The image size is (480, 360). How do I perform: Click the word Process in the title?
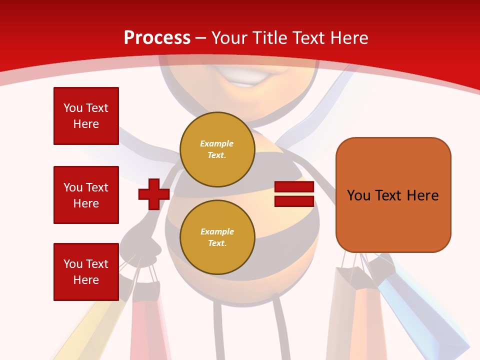point(157,38)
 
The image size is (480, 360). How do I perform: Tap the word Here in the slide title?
point(348,38)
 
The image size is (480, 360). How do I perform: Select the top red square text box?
point(86,116)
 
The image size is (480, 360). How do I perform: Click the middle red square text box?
point(86,195)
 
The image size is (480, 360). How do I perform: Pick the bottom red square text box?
point(86,272)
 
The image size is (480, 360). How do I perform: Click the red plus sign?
point(154,194)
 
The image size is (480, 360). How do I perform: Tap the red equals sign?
point(294,194)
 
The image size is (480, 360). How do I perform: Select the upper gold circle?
point(217,149)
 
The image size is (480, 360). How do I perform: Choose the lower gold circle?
point(217,237)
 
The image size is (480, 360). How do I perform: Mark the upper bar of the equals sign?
point(294,187)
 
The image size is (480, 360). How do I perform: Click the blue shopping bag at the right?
point(425,315)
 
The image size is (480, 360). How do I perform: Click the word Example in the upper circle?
point(216,143)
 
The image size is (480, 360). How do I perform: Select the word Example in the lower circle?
point(217,231)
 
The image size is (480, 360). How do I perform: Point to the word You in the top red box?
point(72,108)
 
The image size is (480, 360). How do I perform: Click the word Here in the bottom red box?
point(86,280)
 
